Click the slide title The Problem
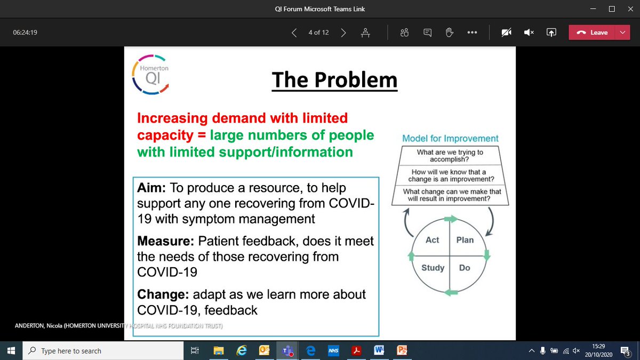click(334, 80)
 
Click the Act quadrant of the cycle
click(432, 240)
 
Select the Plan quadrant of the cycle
click(465, 240)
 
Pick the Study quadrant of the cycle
click(433, 267)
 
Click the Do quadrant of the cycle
click(465, 267)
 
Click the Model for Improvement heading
click(450, 139)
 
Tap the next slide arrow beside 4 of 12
click(343, 33)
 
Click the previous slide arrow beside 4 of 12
click(294, 33)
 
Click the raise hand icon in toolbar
click(449, 33)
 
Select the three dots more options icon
click(471, 33)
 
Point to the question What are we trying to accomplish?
click(450, 156)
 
